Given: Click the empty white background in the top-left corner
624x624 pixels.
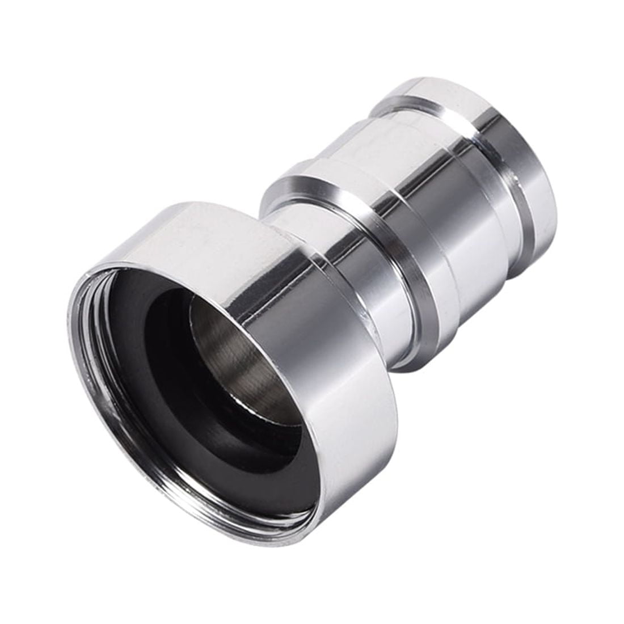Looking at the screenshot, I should point(45,45).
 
